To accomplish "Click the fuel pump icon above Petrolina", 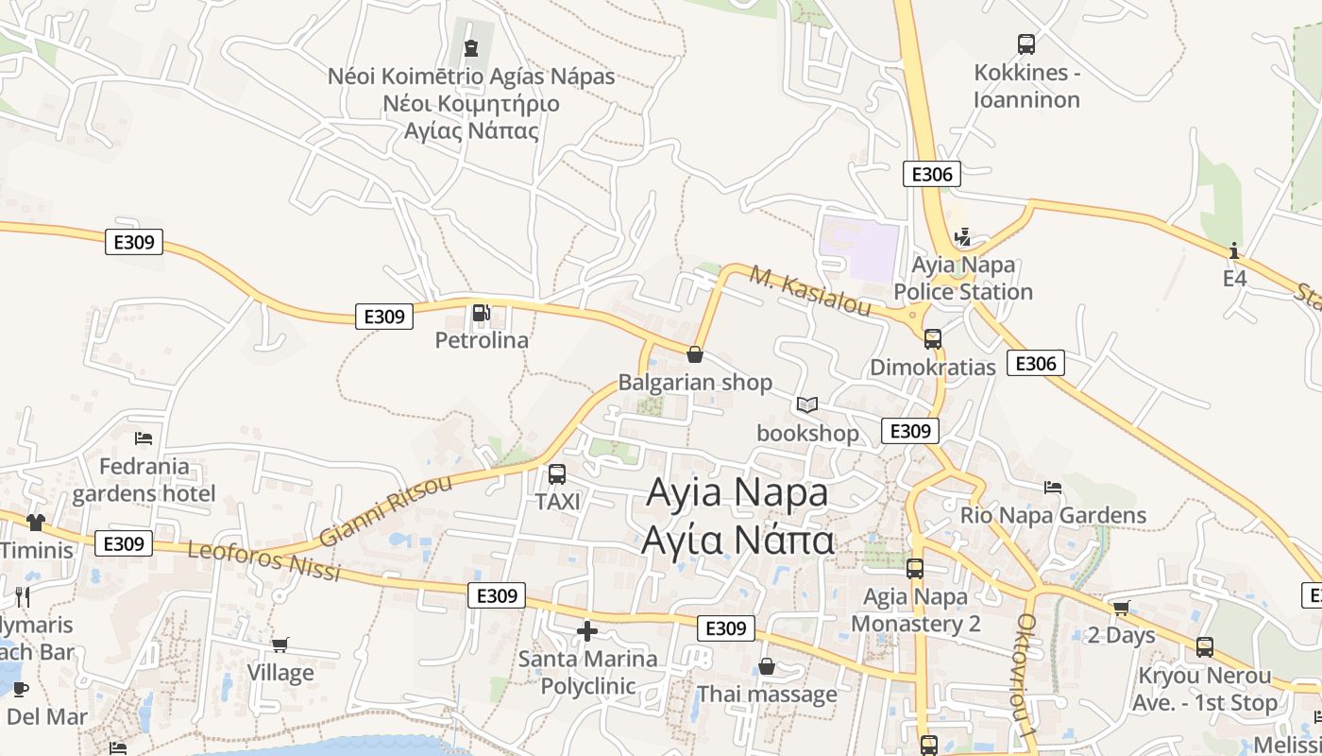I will tap(481, 312).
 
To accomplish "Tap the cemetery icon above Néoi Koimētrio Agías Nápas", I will tap(471, 47).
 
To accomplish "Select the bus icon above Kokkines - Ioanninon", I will tap(1026, 43).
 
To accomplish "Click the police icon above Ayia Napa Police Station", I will tap(962, 236).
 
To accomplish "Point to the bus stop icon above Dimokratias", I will tap(933, 338).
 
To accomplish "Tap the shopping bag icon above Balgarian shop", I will tap(695, 354).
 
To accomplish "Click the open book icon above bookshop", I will tap(806, 404).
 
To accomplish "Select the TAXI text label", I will tap(557, 501).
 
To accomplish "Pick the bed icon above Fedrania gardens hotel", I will tap(144, 438).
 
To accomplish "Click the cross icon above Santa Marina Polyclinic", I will tap(587, 630).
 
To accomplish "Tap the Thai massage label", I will tap(767, 695).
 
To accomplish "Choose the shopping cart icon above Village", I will tap(280, 644).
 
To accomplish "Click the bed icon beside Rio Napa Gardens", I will tap(1053, 487).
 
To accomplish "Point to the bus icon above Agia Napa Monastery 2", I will tap(914, 569).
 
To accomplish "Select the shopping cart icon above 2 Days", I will tap(1121, 608).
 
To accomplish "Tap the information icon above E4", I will tap(1234, 250).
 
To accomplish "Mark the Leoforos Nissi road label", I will tap(263, 560).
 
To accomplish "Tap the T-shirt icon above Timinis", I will tap(36, 522).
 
